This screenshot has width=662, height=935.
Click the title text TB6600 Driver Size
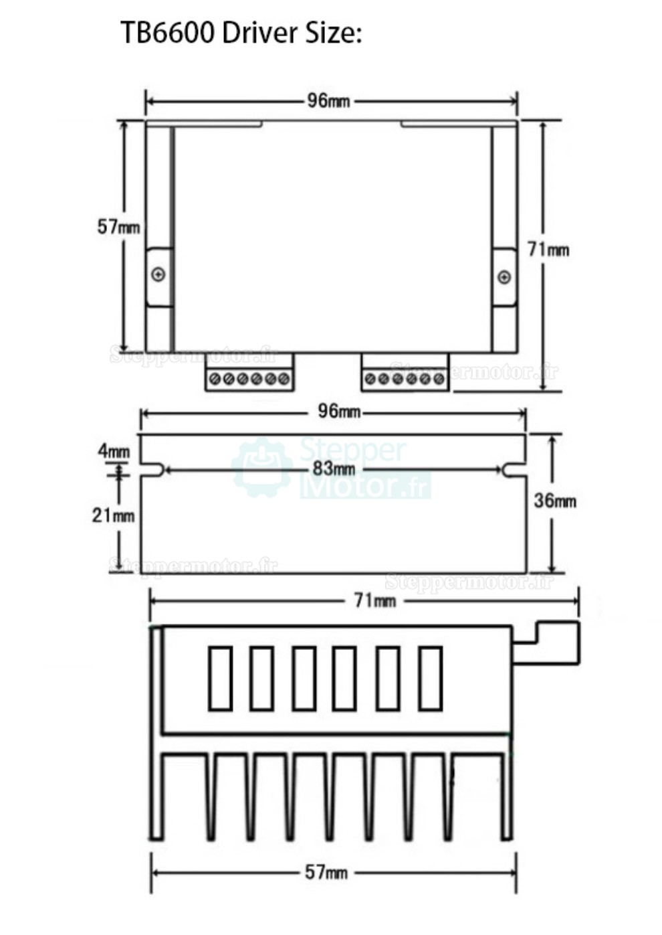(241, 32)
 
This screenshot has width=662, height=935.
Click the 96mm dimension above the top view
(328, 101)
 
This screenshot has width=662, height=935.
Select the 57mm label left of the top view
(118, 227)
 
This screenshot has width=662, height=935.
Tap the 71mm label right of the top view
(548, 250)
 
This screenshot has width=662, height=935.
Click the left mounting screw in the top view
(158, 274)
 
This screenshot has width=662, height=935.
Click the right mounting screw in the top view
(504, 277)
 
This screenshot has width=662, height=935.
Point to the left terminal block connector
(249, 378)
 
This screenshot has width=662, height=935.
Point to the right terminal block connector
(405, 378)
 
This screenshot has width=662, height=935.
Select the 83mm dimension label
(334, 469)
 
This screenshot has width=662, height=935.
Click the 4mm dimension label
(114, 451)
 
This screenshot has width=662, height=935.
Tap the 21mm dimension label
(113, 515)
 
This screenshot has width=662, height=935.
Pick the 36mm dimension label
(554, 501)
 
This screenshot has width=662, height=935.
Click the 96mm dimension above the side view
(338, 411)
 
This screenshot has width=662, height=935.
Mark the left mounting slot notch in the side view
(153, 470)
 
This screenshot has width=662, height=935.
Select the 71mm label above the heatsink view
(374, 600)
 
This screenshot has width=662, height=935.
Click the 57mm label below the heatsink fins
(326, 872)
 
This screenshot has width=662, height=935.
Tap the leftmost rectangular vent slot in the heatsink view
(220, 678)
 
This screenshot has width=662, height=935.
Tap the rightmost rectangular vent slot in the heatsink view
(430, 678)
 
